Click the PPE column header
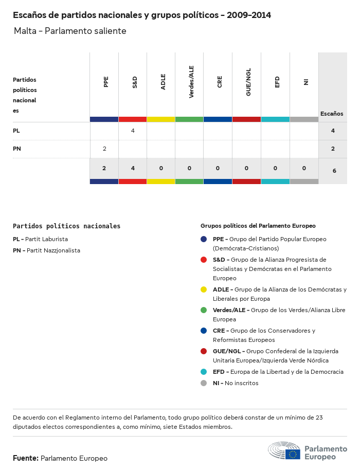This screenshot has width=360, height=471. click(106, 82)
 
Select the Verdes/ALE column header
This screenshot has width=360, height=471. click(191, 82)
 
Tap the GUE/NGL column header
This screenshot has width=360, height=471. click(248, 82)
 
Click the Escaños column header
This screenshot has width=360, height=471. click(332, 114)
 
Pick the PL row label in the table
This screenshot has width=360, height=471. click(16, 131)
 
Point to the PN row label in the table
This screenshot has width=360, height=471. click(17, 149)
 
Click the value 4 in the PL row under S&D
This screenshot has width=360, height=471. click(133, 131)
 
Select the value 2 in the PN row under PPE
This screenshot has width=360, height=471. click(104, 149)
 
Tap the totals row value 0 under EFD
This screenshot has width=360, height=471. click(276, 168)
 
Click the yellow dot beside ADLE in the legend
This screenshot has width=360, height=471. click(204, 289)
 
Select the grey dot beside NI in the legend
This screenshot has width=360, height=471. click(204, 383)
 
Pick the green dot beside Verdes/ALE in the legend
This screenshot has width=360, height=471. click(204, 310)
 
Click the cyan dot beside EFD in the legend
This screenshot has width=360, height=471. click(204, 372)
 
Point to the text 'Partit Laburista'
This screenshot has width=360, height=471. click(47, 239)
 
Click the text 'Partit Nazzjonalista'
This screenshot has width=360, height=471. click(53, 250)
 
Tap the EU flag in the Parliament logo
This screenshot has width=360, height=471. click(293, 454)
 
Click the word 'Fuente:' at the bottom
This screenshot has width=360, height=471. click(25, 458)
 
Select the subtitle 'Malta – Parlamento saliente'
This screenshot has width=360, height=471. click(70, 31)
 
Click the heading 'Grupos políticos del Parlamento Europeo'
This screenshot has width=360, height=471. click(258, 226)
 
